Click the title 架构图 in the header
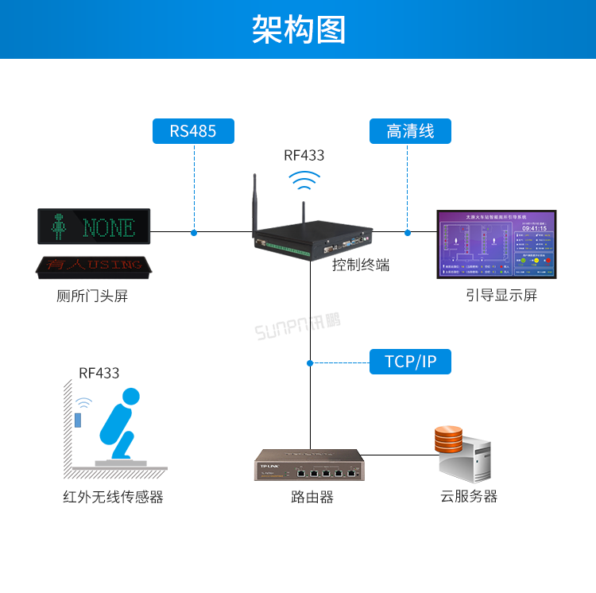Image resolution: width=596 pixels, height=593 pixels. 298,29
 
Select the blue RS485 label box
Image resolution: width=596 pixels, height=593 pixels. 193,131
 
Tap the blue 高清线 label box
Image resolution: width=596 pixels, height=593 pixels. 410,131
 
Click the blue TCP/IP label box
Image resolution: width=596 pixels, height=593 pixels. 410,362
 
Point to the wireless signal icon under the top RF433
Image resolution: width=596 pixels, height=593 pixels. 304,181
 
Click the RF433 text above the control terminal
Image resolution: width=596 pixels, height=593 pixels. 304,156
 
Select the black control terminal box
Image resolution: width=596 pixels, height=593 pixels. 310,238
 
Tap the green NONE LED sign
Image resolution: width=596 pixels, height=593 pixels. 94,227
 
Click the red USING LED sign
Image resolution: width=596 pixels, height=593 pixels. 94,265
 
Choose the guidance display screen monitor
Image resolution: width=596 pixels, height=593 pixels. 497,244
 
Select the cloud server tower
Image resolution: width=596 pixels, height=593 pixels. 469,455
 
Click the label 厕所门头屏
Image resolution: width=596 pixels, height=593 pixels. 92,296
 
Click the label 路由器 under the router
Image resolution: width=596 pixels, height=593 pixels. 312,498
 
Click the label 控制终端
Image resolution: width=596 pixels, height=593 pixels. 361,265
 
